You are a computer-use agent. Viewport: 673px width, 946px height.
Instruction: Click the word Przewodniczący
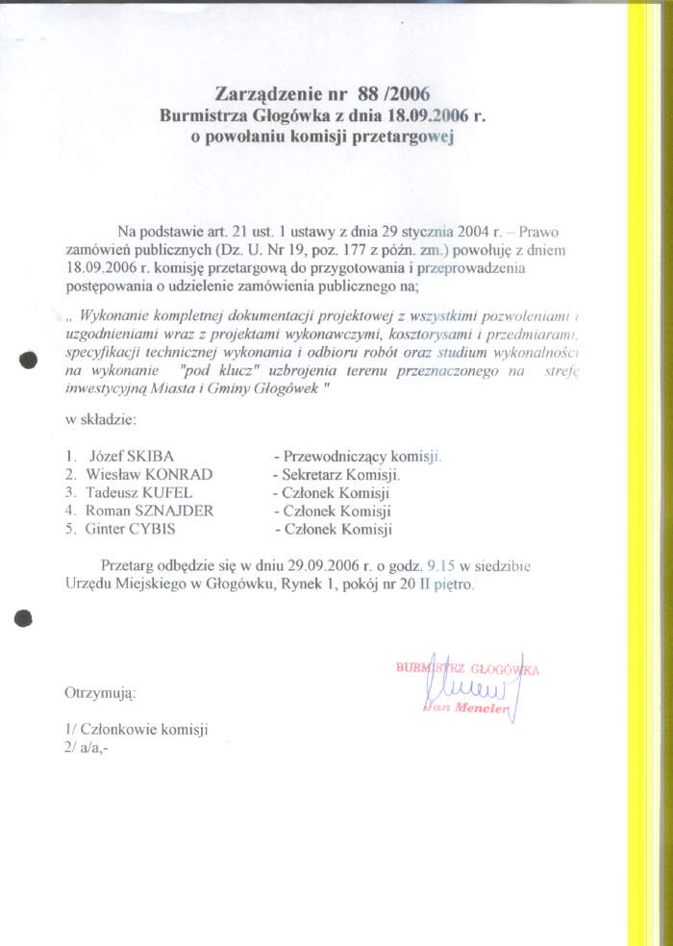coord(336,456)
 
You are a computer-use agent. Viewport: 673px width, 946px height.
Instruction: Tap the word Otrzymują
coord(100,692)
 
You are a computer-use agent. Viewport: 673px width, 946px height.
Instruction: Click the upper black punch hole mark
coord(28,361)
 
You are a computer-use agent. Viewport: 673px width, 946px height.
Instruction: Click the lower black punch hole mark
coord(25,619)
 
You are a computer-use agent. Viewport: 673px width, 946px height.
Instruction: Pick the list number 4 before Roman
coord(69,510)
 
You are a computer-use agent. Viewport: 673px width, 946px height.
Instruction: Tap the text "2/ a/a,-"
coord(87,747)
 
